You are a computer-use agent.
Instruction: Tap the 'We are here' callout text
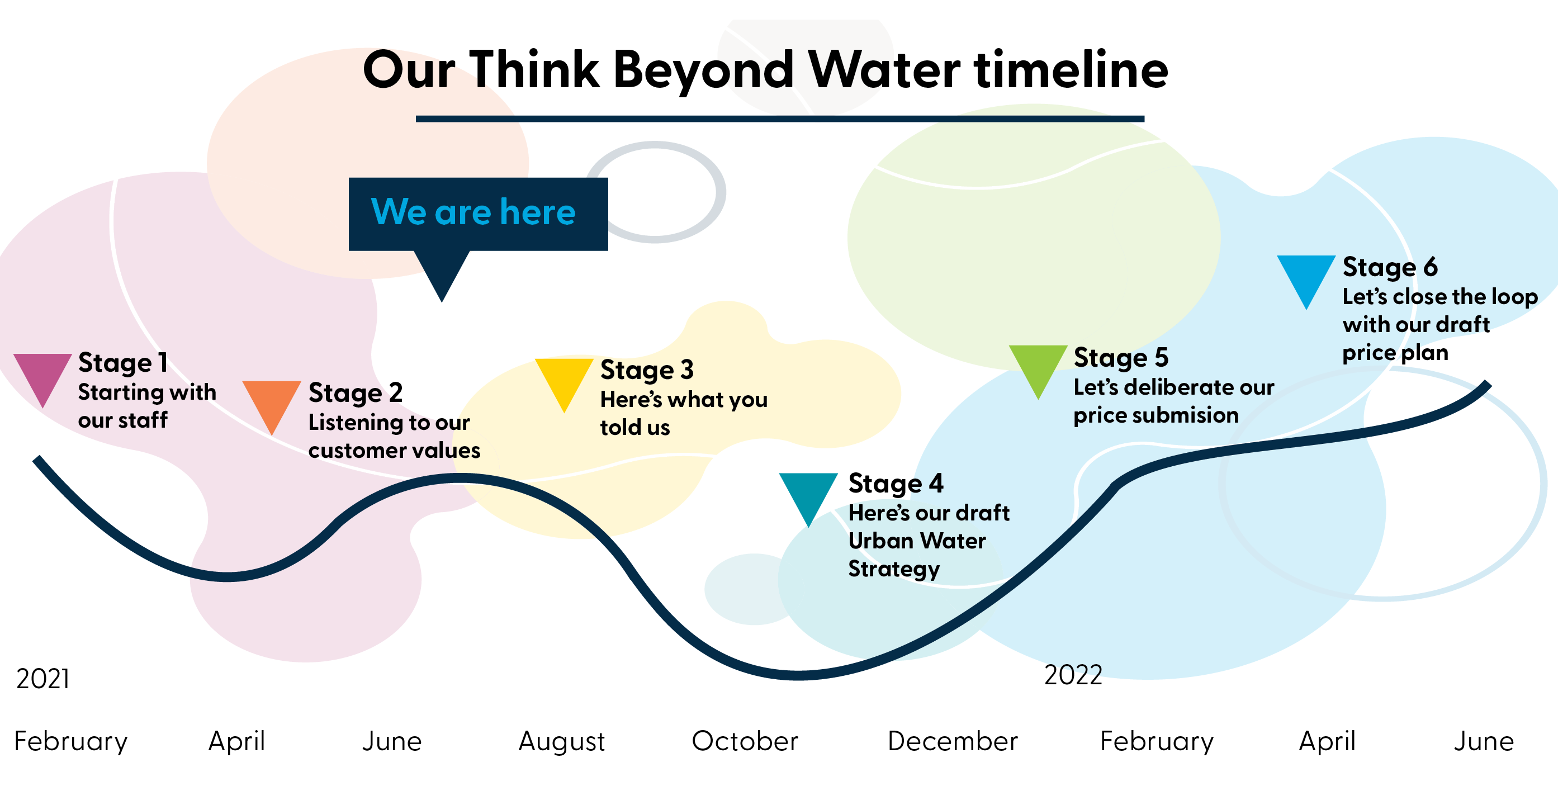pos(473,212)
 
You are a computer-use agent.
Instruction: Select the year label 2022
pos(1073,675)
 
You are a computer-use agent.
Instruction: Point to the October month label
pos(745,741)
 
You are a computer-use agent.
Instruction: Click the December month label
pos(953,741)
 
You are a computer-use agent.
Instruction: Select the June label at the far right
pos(1484,741)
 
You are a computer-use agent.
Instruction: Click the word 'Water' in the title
pos(884,69)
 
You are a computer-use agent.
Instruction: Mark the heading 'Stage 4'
pos(896,483)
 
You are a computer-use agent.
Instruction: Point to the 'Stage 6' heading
pos(1390,267)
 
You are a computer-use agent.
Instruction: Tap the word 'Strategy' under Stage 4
pos(894,569)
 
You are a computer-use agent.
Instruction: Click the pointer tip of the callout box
pos(442,301)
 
